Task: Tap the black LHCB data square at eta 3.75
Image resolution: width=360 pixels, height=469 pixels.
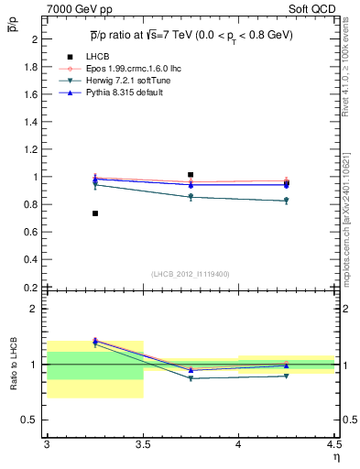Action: coord(191,174)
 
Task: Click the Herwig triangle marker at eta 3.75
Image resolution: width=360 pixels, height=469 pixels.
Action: coord(191,197)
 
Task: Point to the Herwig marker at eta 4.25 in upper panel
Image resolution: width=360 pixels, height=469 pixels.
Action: coord(287,201)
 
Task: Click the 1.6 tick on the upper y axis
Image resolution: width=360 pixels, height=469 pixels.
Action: coord(31,94)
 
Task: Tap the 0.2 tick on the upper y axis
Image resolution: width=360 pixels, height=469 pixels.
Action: coord(31,287)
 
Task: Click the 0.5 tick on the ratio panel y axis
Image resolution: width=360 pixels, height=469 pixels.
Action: coord(31,420)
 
